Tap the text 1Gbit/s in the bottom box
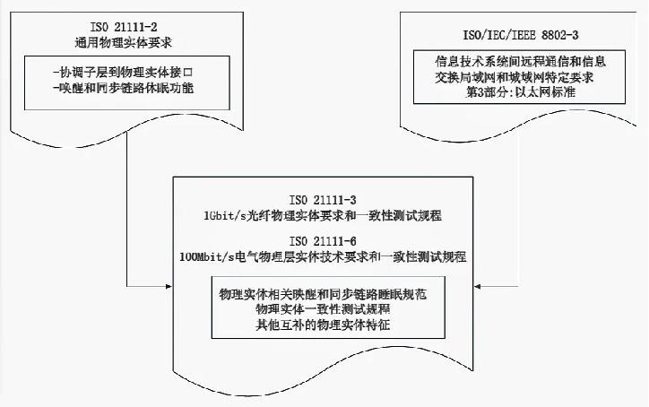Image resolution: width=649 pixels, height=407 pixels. (227, 217)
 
